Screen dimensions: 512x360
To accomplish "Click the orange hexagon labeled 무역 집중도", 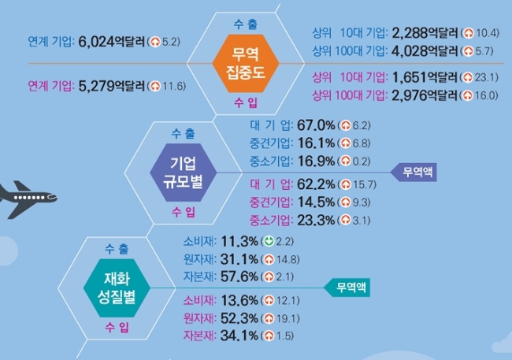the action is point(246,63).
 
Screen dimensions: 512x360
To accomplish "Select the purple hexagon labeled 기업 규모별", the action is point(184,173).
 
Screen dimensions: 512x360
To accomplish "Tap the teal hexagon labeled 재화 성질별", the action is point(117,288).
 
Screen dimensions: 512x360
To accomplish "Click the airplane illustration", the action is point(28,199).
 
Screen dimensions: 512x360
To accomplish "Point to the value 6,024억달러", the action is point(111,42).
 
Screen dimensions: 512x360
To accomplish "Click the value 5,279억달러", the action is point(111,86).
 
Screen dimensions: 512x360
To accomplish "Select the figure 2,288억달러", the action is point(425,32).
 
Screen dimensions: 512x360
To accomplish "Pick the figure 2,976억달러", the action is point(425,95).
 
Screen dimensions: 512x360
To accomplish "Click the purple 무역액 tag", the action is point(414,172).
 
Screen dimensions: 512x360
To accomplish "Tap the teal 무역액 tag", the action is point(347,288).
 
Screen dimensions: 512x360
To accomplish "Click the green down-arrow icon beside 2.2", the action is point(269,241).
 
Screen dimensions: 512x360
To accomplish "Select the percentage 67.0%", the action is point(316,125).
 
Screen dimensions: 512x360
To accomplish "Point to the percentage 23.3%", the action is point(316,221).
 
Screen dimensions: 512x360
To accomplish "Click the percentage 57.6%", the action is point(239,276).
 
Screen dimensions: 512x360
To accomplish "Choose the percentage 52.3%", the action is point(239,318).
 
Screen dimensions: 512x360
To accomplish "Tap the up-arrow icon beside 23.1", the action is point(468,77).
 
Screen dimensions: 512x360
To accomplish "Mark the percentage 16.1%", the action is point(316,143).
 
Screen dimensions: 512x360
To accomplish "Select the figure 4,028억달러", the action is point(425,51).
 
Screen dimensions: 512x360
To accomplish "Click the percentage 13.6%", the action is point(239,300).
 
